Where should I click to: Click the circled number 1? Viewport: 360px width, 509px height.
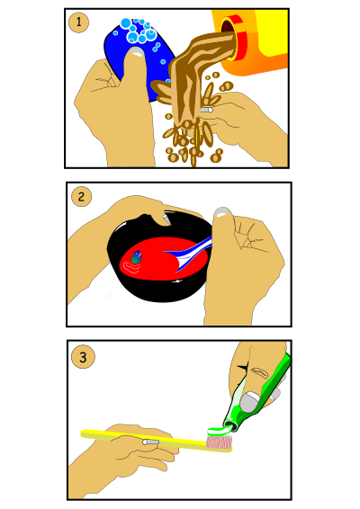pos(78,22)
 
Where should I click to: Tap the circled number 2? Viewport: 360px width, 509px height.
pos(81,196)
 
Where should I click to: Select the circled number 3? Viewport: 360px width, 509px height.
pos(83,357)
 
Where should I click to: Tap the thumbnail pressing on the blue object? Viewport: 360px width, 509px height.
pos(136,51)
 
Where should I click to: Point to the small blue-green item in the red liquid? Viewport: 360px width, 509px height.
pos(137,257)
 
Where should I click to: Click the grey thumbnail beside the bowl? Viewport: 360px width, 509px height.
pos(222,212)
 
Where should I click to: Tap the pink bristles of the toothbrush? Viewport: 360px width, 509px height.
pos(220,442)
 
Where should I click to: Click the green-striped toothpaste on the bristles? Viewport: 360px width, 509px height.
pos(220,431)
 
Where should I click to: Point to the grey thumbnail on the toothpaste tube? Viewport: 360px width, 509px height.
pos(249,401)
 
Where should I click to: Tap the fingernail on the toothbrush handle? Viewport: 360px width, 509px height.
pos(150,442)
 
